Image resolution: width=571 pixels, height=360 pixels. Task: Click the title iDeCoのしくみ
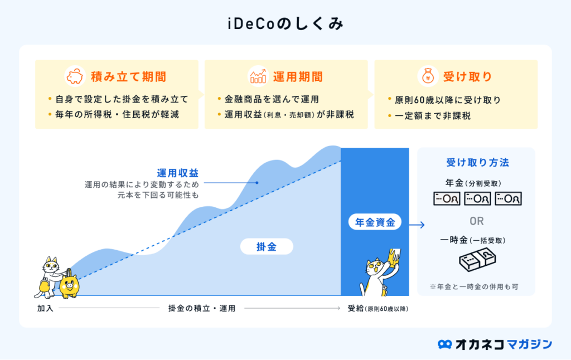(285, 24)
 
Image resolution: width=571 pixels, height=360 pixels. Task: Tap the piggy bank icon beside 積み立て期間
(75, 76)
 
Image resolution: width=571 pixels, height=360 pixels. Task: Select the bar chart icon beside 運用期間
(258, 76)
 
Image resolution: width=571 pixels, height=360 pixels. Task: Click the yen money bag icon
(428, 76)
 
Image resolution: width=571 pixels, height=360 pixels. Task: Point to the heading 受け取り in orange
(468, 76)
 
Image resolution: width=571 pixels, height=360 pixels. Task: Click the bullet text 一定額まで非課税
(433, 116)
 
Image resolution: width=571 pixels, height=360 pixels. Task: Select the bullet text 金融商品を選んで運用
(272, 99)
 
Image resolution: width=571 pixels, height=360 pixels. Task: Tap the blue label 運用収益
(178, 173)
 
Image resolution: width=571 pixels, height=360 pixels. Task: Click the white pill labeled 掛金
(267, 247)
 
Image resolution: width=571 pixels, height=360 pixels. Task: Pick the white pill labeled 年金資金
(375, 222)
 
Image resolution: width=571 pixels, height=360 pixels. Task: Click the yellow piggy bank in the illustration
(69, 285)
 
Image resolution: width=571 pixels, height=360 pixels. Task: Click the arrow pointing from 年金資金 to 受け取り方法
(417, 225)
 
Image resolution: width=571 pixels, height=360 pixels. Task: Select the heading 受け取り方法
(477, 162)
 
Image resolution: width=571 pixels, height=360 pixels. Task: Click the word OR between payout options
(477, 221)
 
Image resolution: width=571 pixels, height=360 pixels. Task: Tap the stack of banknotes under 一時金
(477, 260)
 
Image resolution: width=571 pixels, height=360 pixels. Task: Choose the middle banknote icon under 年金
(477, 199)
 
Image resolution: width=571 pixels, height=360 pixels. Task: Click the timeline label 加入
(45, 308)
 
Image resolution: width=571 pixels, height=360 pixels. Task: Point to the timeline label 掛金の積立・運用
(202, 308)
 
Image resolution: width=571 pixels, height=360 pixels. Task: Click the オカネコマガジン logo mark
(444, 344)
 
